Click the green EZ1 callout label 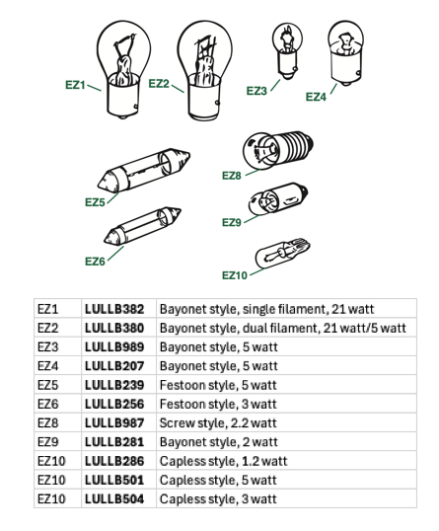click(75, 85)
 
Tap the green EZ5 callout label click(95, 202)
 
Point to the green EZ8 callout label click(232, 176)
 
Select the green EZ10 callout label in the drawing click(235, 275)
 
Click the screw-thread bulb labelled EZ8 click(277, 149)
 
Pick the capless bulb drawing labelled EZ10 click(282, 254)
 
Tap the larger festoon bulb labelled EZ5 click(143, 170)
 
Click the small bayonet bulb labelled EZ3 click(287, 51)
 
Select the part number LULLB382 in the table click(114, 309)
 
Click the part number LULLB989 click(114, 346)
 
